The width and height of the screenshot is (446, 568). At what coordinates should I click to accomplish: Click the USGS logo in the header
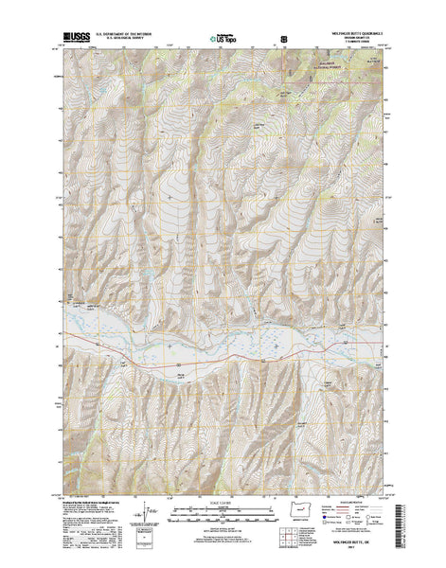[x=72, y=41]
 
